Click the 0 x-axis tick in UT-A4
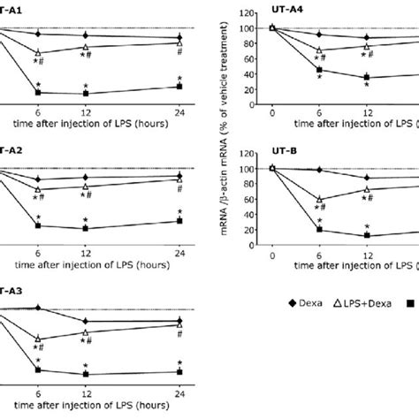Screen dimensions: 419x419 pos(272,114)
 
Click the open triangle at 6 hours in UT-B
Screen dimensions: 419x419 pos(319,200)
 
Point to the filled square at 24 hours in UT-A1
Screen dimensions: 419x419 pos(179,87)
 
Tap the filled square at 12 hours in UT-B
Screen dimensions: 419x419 pos(367,235)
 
